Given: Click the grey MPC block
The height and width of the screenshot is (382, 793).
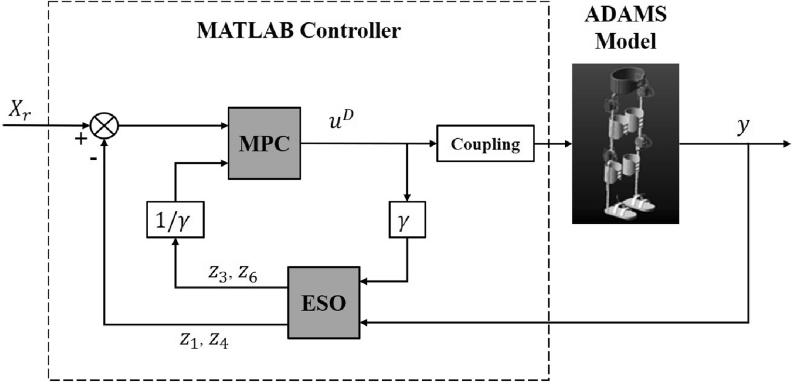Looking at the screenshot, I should (264, 144).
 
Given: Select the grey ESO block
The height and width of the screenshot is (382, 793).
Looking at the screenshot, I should (323, 303).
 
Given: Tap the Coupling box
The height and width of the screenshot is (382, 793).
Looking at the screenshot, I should (485, 144).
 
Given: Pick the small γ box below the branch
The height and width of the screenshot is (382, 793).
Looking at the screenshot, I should (407, 219).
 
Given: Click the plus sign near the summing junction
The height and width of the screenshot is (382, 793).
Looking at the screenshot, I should (81, 139).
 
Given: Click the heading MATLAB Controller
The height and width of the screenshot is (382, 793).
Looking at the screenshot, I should (298, 31).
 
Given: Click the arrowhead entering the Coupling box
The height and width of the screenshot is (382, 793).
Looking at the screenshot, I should (432, 144).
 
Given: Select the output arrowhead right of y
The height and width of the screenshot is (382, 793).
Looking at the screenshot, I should (786, 144).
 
